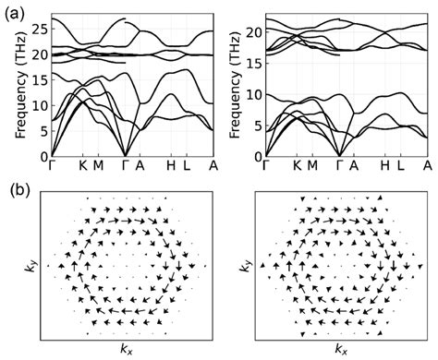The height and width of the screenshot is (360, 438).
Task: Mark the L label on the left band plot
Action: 188,167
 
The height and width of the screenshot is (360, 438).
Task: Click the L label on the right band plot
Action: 400,167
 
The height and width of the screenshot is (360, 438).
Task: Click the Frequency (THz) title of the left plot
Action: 20,84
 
